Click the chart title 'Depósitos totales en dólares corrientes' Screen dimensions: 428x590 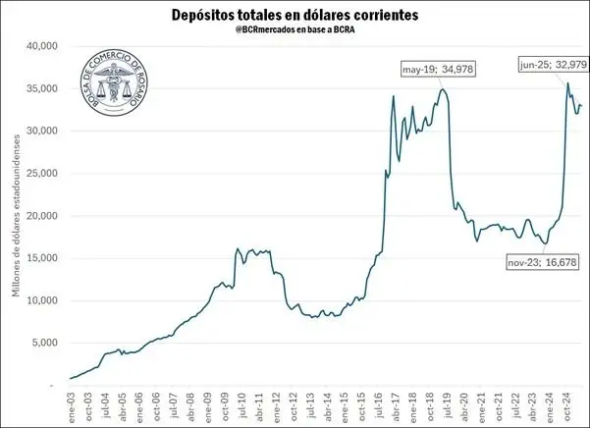click(x=295, y=15)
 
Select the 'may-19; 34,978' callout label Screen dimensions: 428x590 click(x=444, y=69)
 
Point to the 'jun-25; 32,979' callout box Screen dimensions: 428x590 click(x=553, y=66)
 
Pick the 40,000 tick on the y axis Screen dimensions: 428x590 click(x=43, y=46)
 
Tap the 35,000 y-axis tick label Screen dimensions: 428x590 click(x=43, y=88)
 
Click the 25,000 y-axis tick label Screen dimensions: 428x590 click(x=43, y=174)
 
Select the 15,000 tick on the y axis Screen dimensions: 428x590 click(x=43, y=258)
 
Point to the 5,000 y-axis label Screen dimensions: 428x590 click(x=46, y=343)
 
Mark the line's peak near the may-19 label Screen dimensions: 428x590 click(x=443, y=90)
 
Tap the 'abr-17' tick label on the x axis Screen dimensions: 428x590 click(x=394, y=405)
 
